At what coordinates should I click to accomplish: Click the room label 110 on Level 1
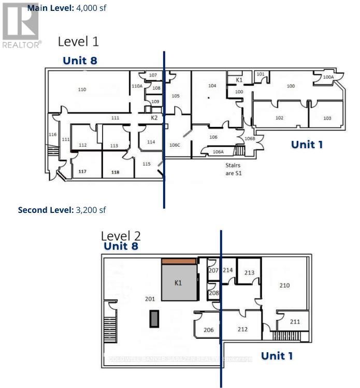click(82, 90)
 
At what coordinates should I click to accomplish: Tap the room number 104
click(212, 85)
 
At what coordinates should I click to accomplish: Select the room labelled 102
click(279, 118)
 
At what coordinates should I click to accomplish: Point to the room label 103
click(327, 118)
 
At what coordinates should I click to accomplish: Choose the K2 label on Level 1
click(154, 118)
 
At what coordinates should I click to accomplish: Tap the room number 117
click(82, 171)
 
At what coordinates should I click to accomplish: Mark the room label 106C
click(174, 145)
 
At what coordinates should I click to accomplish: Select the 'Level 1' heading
click(78, 41)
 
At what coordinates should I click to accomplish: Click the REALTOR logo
click(21, 24)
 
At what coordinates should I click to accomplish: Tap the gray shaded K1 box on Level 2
click(179, 283)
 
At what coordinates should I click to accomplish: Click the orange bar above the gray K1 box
click(179, 261)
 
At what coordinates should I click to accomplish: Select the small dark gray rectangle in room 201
click(154, 319)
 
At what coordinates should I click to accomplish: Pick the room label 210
click(284, 285)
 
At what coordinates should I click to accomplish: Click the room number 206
click(208, 330)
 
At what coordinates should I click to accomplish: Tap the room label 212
click(242, 329)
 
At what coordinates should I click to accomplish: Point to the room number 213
click(249, 272)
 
